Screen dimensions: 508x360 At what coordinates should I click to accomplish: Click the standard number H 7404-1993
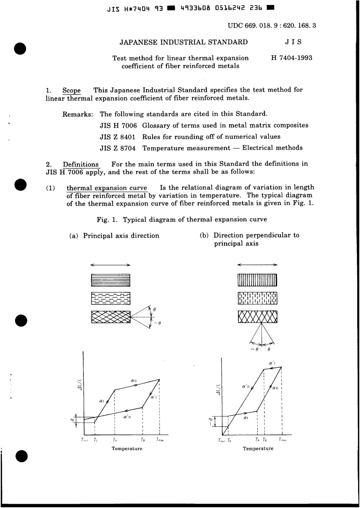[291, 58]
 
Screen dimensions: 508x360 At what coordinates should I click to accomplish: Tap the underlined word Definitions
[81, 164]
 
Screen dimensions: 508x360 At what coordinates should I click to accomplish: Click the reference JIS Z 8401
[118, 137]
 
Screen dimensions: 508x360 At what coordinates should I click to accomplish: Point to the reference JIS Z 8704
[118, 148]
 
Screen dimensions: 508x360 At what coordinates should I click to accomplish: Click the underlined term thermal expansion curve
[106, 188]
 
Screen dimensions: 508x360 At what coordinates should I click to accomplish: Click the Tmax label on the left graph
[160, 441]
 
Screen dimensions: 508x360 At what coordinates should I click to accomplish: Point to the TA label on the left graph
[114, 441]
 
